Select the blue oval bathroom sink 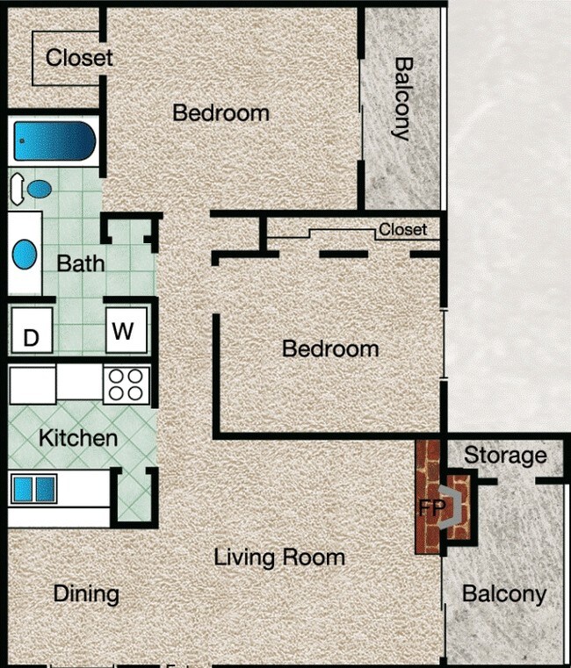(25, 255)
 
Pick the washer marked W (124, 331)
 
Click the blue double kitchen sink (33, 489)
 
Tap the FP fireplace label (430, 508)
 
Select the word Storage (505, 456)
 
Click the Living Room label (279, 557)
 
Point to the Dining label (86, 593)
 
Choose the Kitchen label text (77, 437)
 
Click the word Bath (80, 262)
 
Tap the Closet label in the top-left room (79, 58)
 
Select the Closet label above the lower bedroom (402, 230)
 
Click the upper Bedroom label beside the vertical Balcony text (220, 112)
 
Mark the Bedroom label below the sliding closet (330, 348)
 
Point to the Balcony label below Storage (504, 594)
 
